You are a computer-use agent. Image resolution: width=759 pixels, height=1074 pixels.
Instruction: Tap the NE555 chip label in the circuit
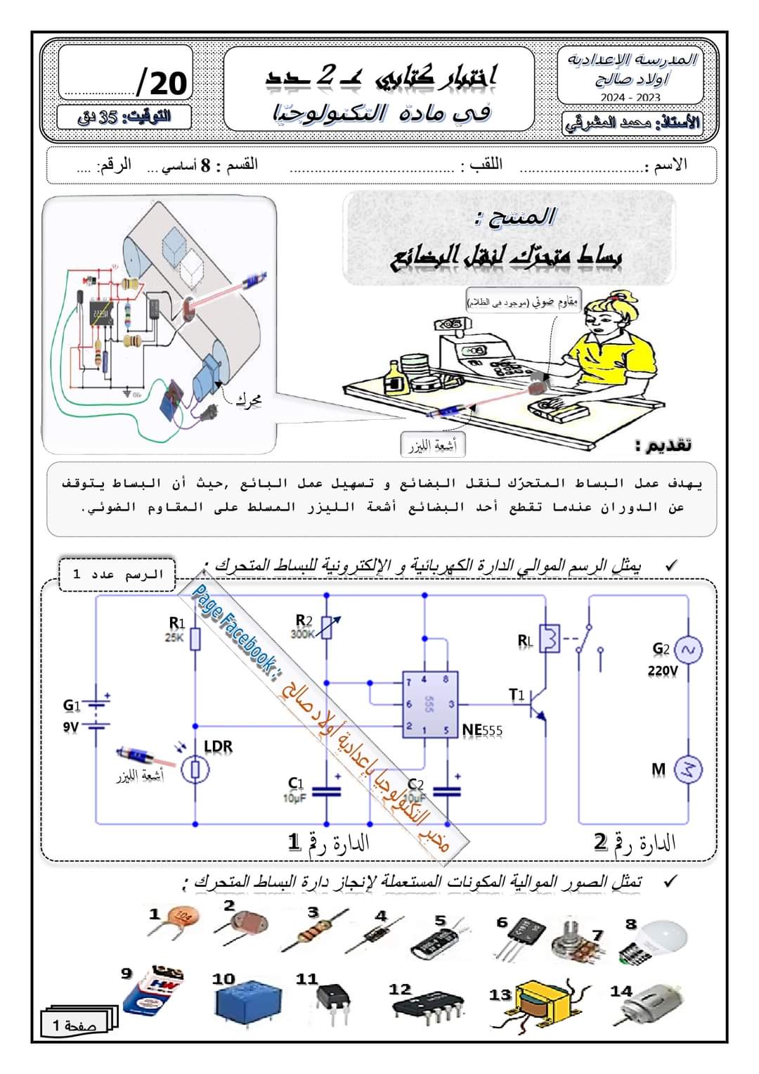482,730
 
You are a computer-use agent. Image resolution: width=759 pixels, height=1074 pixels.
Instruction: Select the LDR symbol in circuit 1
195,769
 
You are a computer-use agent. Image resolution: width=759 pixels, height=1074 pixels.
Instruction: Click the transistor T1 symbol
538,703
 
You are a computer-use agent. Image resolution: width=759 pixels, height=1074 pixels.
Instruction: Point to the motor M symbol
688,769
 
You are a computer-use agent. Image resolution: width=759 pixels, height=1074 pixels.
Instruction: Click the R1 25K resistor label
176,628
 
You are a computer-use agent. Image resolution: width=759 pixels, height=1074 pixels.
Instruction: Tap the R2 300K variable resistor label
304,625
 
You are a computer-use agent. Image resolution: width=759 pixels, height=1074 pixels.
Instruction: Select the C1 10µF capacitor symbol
326,792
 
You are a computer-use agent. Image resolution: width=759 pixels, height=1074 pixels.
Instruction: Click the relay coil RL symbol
550,639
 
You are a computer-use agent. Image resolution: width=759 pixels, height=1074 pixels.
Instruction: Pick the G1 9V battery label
72,715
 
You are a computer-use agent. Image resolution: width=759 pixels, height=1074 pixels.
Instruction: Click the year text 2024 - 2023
630,97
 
